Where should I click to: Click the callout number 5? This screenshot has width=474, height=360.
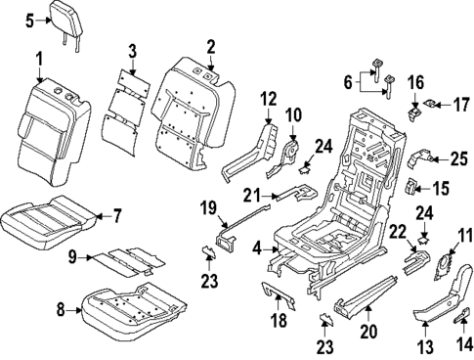pos(29,20)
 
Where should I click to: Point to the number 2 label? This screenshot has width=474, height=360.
pos(211,46)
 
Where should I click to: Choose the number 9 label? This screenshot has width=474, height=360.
pos(72,258)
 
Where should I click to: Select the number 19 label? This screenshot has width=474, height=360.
pos(208,235)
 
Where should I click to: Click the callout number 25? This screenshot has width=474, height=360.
pos(459,158)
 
